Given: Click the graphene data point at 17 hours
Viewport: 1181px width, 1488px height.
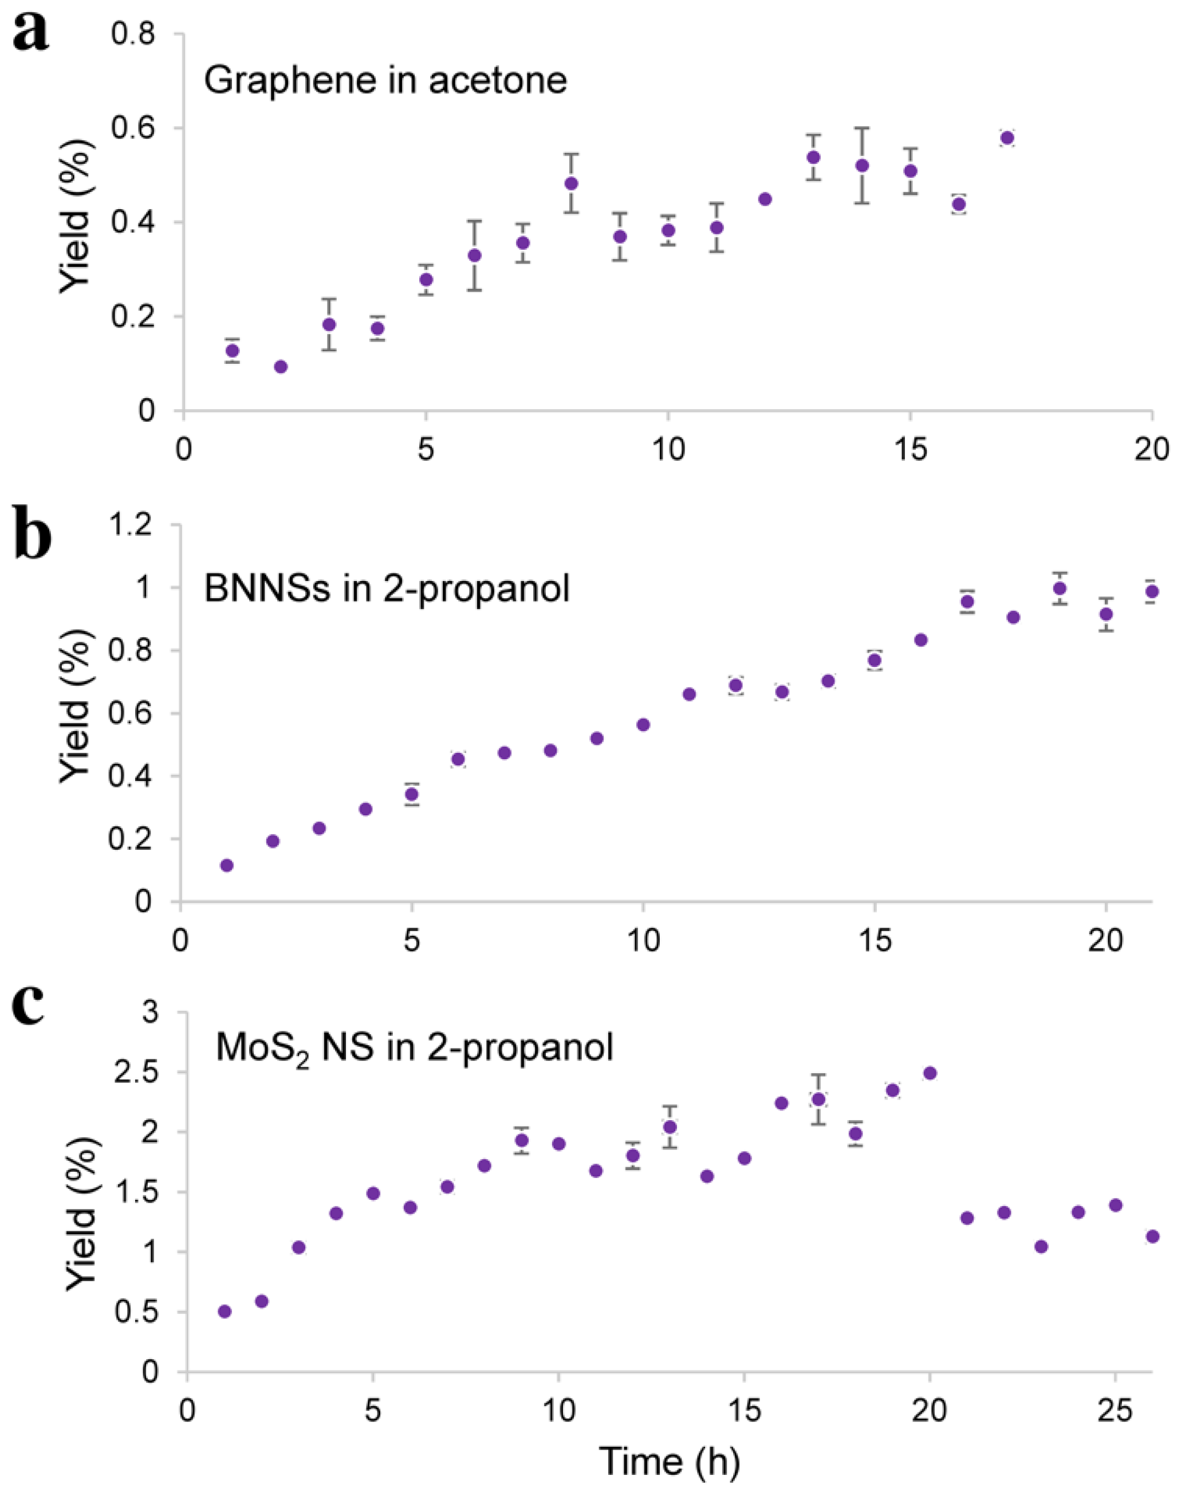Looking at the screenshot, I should point(1006,138).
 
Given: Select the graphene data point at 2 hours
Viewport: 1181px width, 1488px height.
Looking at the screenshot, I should point(281,367).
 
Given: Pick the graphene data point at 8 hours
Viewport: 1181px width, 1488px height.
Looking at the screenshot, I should point(571,183).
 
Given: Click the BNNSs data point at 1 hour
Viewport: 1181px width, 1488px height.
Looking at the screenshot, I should point(226,865).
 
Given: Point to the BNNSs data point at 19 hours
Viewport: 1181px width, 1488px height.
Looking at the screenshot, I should point(1060,588).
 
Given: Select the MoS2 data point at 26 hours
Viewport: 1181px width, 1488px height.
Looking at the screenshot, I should point(1152,1236).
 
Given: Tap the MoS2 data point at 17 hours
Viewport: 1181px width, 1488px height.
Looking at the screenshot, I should point(818,1100).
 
